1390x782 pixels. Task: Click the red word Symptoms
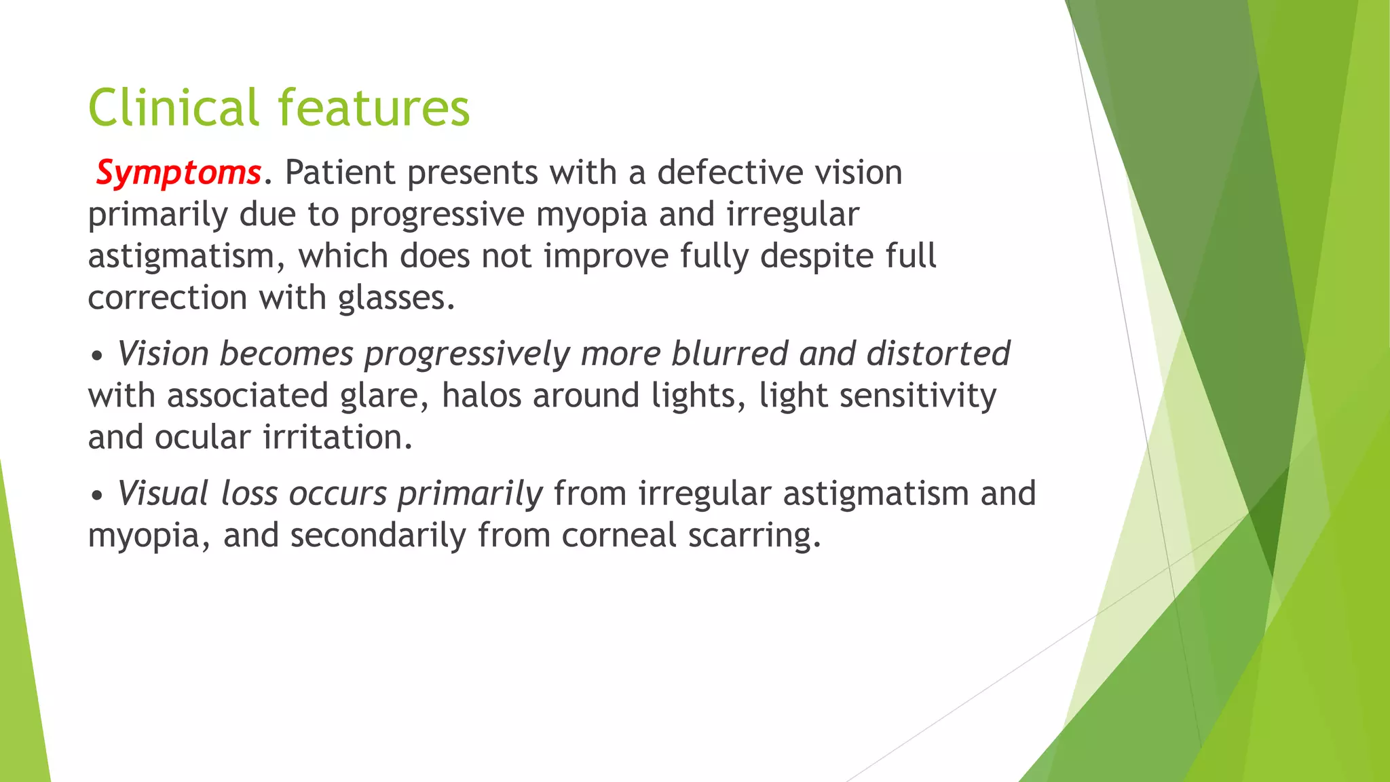pos(178,173)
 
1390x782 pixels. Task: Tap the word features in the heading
pos(373,109)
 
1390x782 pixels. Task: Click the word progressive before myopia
pos(437,215)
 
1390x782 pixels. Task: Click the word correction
pos(168,299)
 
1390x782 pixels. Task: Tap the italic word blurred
pos(728,354)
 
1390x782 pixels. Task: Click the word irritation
pos(337,438)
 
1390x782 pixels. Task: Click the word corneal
pos(618,536)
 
